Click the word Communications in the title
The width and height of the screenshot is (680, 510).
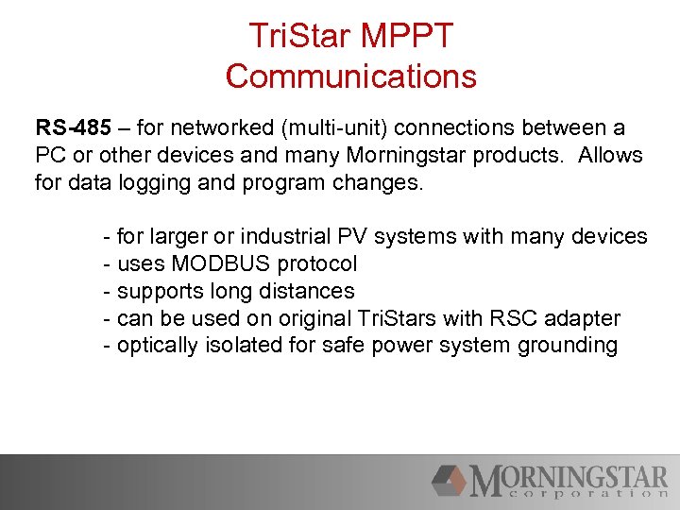click(351, 76)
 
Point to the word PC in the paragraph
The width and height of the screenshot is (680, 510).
click(50, 155)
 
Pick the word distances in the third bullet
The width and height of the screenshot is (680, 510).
click(309, 291)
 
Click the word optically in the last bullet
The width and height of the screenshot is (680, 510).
click(155, 346)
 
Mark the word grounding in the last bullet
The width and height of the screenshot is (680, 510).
click(568, 346)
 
